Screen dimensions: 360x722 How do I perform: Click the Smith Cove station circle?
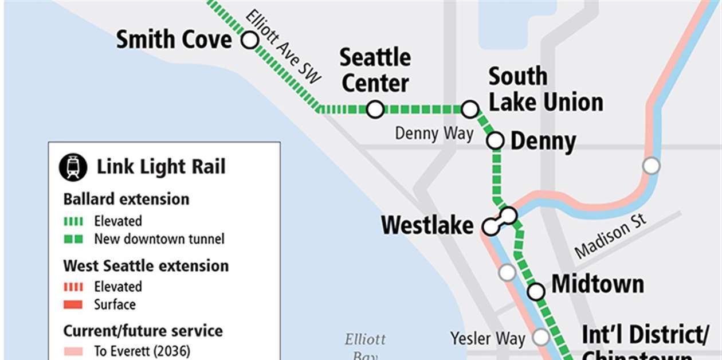point(249,41)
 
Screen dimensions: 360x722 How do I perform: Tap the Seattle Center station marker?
point(375,109)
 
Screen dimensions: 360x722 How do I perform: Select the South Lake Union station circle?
point(470,108)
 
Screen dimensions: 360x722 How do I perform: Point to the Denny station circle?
point(495,140)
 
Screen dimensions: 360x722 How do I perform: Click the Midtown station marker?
point(536,291)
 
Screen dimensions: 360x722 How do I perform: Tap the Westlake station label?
point(427,225)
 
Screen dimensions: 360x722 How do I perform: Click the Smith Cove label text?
point(174,40)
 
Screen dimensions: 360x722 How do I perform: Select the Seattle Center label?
point(375,70)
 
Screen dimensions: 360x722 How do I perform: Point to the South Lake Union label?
point(546,89)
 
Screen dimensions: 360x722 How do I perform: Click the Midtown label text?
point(598,284)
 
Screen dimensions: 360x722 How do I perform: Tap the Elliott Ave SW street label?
point(284,48)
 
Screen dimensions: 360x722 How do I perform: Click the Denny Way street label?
point(434,134)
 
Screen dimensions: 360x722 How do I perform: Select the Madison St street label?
point(611,236)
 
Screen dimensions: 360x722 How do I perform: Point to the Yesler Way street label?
point(488,338)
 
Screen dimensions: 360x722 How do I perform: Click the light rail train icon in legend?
point(73,167)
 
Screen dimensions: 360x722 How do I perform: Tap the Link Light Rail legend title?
point(161,167)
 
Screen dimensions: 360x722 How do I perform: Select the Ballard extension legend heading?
point(126,199)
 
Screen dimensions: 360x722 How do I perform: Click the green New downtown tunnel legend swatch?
point(73,239)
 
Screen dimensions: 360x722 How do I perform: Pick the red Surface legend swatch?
point(73,304)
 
